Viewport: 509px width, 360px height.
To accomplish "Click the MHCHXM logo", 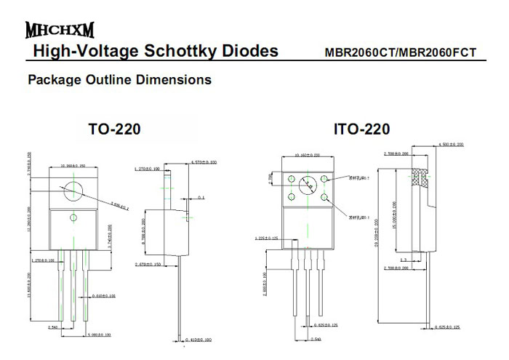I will coord(59,31).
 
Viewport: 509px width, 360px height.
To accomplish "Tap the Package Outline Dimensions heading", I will coord(119,79).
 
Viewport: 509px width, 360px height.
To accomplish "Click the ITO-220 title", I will coord(361,129).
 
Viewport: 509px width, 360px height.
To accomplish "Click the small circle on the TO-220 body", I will coord(73,217).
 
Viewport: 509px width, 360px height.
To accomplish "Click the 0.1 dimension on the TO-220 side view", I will coord(201,197).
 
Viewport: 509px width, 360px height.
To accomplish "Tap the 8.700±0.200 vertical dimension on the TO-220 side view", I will coord(144,232).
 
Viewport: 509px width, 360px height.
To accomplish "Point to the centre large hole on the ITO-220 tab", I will coord(307,186).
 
